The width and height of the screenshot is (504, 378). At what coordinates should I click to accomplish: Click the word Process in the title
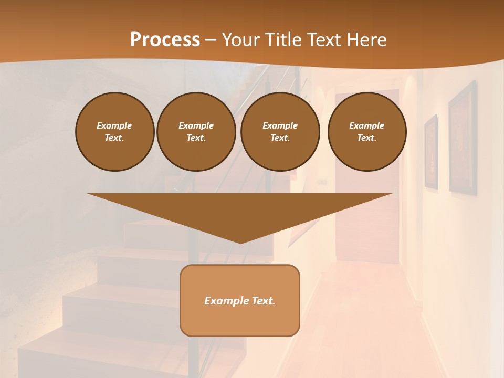(165, 40)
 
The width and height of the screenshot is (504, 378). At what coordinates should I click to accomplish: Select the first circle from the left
(115, 132)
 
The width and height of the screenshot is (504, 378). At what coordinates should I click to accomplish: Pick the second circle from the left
(196, 132)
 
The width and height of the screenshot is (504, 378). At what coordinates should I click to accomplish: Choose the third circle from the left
(280, 132)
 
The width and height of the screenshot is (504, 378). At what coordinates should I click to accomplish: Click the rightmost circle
(367, 132)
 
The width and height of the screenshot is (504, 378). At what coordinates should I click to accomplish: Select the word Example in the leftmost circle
(114, 125)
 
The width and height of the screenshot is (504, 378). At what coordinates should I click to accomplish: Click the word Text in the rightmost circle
(366, 138)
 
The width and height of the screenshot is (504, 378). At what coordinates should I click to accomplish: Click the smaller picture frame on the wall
(431, 152)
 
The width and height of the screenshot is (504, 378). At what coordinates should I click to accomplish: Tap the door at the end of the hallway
(367, 210)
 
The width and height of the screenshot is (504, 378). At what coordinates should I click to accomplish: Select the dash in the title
(211, 40)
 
